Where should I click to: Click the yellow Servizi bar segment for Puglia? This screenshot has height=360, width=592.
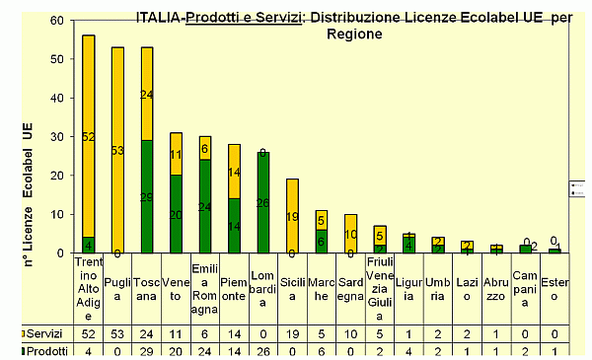(117, 149)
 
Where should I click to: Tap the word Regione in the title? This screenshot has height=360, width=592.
(354, 33)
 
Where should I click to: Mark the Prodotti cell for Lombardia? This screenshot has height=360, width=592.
(263, 350)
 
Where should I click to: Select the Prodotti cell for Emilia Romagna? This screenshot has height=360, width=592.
(205, 350)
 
